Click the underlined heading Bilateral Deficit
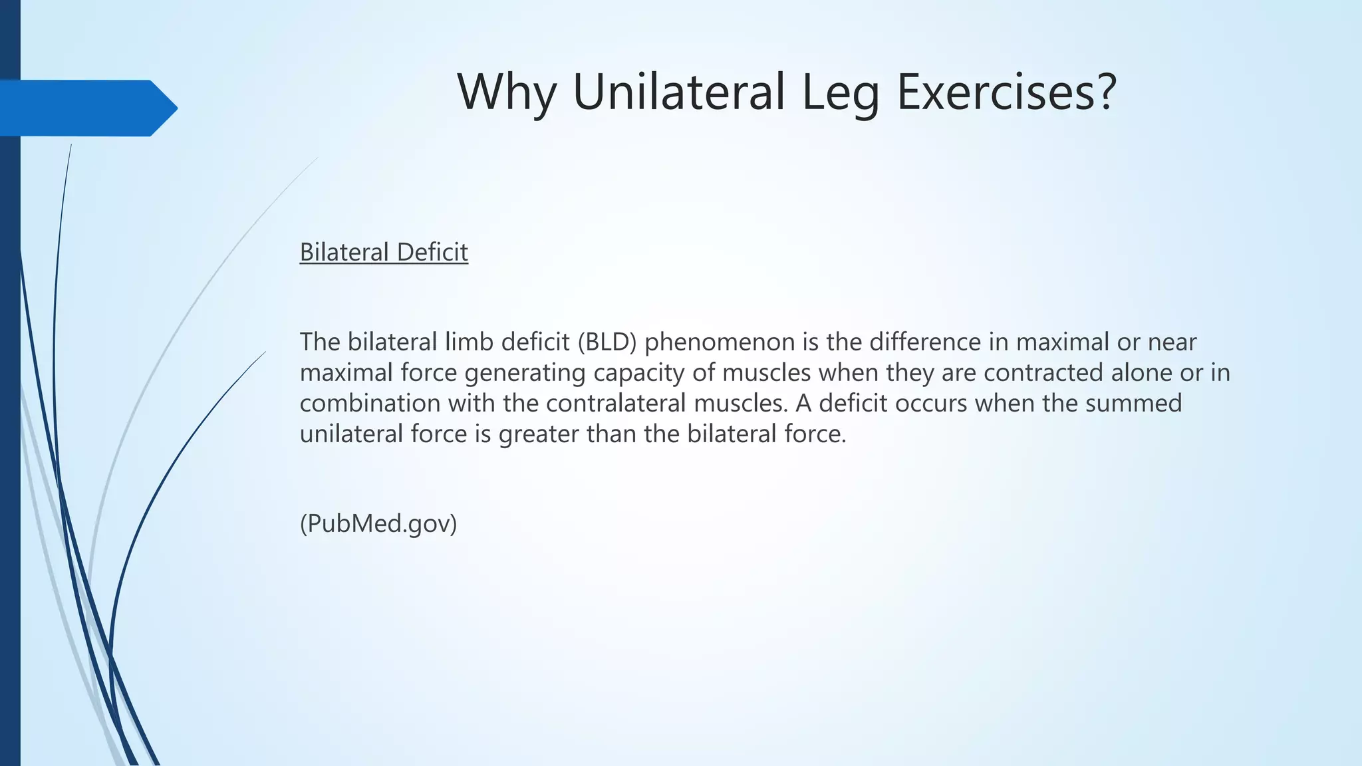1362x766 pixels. (384, 252)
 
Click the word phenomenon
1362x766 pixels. (720, 342)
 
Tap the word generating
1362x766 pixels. (525, 372)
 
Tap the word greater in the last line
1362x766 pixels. (539, 434)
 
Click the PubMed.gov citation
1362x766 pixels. (378, 524)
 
